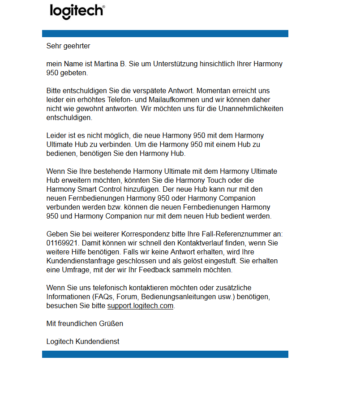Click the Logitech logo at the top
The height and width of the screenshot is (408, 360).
[77, 11]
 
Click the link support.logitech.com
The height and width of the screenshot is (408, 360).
[140, 306]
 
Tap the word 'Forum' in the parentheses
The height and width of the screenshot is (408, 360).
[126, 297]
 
